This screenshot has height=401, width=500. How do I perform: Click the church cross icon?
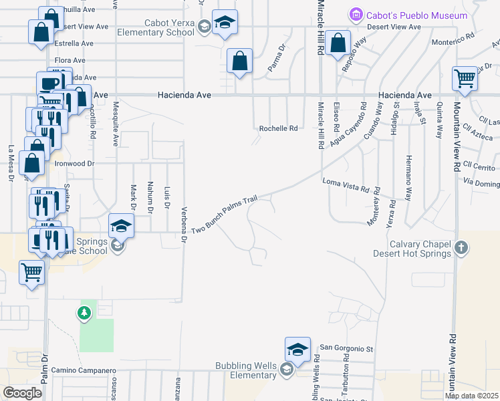tap(461, 249)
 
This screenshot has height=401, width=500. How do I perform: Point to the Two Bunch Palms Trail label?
tap(225, 215)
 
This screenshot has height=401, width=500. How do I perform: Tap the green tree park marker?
tap(84, 313)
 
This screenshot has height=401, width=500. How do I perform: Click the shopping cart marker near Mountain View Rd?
tap(465, 79)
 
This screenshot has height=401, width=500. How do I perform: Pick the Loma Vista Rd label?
tap(346, 184)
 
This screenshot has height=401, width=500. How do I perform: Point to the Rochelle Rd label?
tap(278, 128)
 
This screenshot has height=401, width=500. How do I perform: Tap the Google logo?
tap(21, 393)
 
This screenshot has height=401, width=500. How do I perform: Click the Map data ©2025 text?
tap(471, 396)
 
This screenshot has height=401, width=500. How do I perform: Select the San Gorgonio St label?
tap(346, 348)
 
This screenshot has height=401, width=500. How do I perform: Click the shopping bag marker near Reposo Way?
tap(340, 44)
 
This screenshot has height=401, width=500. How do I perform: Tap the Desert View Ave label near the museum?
tap(394, 27)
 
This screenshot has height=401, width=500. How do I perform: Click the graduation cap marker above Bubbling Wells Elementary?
tap(298, 350)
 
